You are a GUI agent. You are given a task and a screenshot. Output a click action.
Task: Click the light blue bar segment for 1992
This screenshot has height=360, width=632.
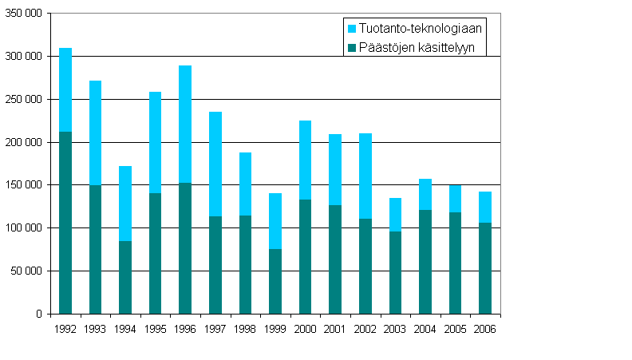coord(65,89)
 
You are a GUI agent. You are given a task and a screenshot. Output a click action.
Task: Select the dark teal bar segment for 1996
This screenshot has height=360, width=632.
coord(185,247)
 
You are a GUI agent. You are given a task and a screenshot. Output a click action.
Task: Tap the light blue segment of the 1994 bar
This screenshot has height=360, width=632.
coord(125,204)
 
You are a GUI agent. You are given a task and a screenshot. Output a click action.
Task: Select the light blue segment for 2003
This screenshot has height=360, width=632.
coord(395,215)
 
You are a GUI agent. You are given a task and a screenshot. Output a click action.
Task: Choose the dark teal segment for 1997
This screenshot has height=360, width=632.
coord(215,264)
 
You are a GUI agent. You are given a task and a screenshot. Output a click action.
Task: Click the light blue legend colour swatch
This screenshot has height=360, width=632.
coord(352,28)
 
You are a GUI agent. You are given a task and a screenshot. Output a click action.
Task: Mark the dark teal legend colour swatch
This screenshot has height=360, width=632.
coord(352,48)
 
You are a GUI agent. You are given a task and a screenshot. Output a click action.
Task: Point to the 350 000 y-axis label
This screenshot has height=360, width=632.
coord(26,14)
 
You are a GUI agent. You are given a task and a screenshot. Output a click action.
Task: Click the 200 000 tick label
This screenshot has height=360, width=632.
coord(26,142)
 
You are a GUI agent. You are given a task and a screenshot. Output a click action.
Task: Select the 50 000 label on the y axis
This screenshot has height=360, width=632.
coord(28,271)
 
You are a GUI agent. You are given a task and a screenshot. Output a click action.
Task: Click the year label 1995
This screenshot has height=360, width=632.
coord(155,328)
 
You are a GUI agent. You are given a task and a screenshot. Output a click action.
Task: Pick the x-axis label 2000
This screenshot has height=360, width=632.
coord(305,328)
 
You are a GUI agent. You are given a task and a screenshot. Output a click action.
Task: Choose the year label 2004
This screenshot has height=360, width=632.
coord(425,328)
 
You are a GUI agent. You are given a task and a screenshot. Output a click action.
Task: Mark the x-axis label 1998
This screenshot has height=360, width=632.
coord(245,328)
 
